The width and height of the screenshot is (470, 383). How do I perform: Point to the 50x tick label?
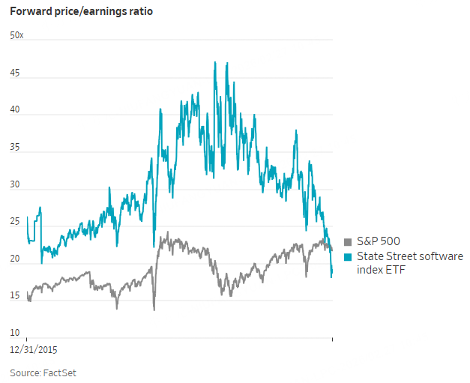click(16, 35)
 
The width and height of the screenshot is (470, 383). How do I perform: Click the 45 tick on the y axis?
click(15, 73)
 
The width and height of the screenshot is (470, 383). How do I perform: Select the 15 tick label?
click(15, 296)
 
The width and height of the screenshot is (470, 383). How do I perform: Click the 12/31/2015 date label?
click(34, 349)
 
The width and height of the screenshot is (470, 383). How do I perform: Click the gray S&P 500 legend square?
click(348, 241)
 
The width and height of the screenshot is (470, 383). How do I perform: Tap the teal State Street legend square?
click(348, 256)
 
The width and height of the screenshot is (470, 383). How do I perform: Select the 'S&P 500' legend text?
click(378, 241)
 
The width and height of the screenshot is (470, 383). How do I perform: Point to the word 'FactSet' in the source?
click(60, 373)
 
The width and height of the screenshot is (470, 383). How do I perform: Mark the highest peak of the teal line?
click(215, 63)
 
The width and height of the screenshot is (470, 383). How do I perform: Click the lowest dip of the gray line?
click(154, 309)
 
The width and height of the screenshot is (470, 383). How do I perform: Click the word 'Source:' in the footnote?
click(25, 373)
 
